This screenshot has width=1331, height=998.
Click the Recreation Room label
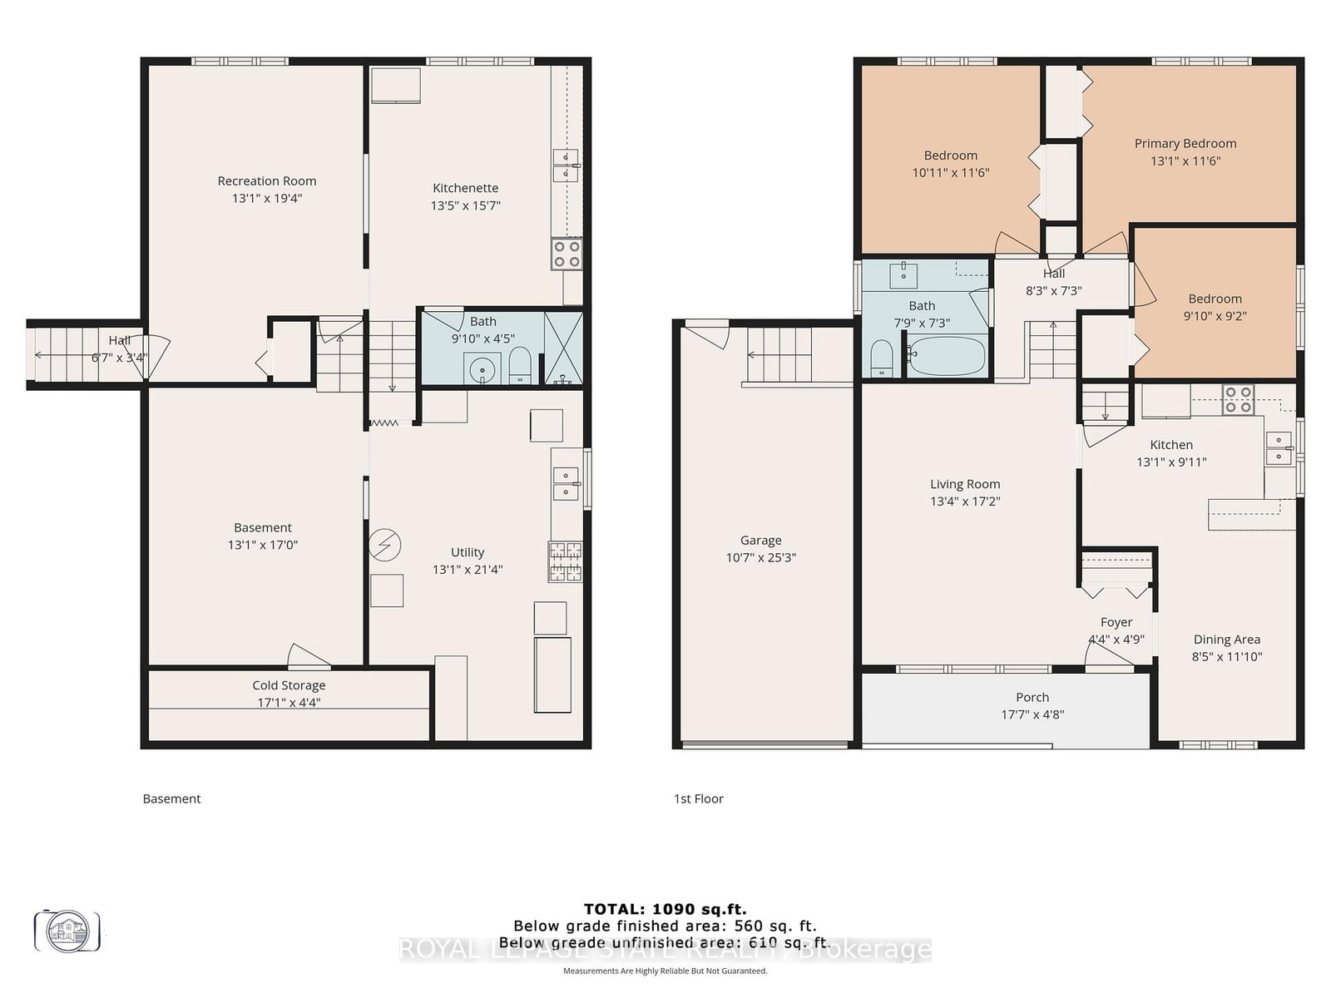coord(266,180)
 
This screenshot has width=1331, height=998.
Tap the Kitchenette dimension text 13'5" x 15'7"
coord(465,205)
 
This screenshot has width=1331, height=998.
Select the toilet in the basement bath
coord(520,366)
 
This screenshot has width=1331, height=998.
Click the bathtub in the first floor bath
coord(946,356)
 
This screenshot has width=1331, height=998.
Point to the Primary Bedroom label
coord(1185,143)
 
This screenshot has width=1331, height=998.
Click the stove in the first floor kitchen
coord(1237,399)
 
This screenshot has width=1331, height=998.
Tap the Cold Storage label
coord(289,685)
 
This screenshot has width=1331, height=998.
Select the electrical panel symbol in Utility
coord(384,546)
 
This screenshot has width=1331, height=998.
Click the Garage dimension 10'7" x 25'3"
coord(760,558)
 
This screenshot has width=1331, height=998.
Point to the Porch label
coord(1032,697)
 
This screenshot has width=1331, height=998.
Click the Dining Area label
coord(1226,639)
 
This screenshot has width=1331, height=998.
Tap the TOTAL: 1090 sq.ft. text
coord(665,909)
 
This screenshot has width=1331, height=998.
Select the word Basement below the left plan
coord(171,798)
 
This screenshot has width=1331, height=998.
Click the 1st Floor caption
coord(698,798)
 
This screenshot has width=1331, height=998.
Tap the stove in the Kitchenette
coord(567,254)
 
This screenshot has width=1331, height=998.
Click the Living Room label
coord(964,484)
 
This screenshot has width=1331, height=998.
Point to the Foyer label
coord(1116,622)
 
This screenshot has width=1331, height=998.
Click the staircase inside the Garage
coord(779,354)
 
